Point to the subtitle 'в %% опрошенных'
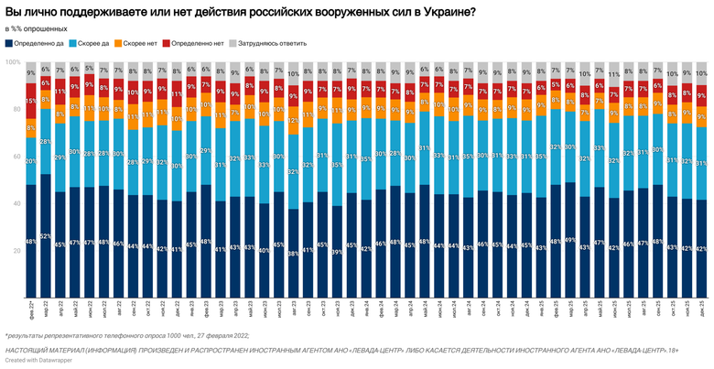(38, 28)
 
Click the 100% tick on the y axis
(13, 62)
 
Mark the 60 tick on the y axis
(15, 157)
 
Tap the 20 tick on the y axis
(15, 251)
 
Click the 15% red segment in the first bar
(31, 101)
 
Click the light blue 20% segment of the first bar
(31, 161)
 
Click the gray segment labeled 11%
(613, 74)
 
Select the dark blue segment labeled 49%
(569, 240)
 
